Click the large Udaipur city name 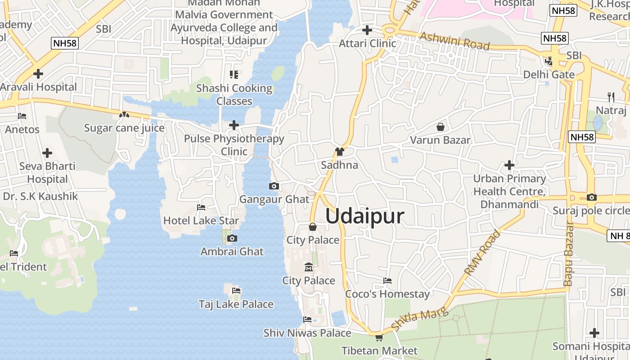(364, 216)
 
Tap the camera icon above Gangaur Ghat (274, 186)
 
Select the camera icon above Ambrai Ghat (232, 238)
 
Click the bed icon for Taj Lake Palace (236, 291)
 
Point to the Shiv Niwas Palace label (307, 333)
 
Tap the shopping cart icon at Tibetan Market (379, 337)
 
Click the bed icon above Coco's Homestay (387, 281)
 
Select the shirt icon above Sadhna (339, 152)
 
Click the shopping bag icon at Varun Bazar (440, 127)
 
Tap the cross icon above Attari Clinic (367, 30)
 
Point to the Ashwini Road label (454, 40)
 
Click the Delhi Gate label (549, 74)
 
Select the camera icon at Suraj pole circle (592, 197)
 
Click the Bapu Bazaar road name (568, 254)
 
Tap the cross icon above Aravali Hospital (38, 73)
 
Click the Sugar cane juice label (124, 128)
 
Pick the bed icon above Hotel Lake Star (201, 207)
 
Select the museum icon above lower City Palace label (309, 268)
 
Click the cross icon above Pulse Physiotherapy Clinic (234, 125)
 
